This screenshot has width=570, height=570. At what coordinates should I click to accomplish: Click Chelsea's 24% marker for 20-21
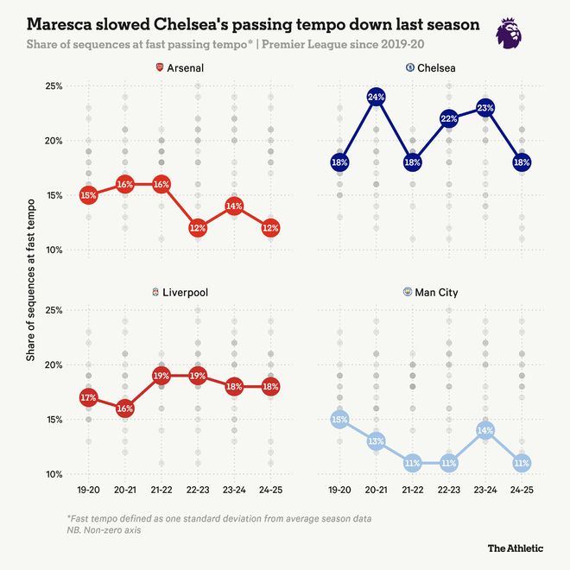pos(376,97)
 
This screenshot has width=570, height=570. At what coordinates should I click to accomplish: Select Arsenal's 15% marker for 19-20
pos(88,195)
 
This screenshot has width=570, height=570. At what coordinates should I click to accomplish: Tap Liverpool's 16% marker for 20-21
pos(124,408)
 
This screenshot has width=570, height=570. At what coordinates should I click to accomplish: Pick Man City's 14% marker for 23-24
pos(485,430)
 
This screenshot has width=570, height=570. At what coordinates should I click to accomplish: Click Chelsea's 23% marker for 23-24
pos(485,108)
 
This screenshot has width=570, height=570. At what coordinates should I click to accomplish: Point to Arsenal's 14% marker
pos(234,206)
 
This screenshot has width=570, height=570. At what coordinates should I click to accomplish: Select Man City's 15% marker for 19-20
pos(339,420)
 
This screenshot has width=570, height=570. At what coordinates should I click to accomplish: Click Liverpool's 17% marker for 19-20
pos(88,397)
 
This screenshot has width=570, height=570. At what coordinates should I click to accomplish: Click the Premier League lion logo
pos(509,32)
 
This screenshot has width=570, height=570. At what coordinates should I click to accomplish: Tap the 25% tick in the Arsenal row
pos(53,85)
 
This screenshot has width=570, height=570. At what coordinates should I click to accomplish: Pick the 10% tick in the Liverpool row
pos(53,474)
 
